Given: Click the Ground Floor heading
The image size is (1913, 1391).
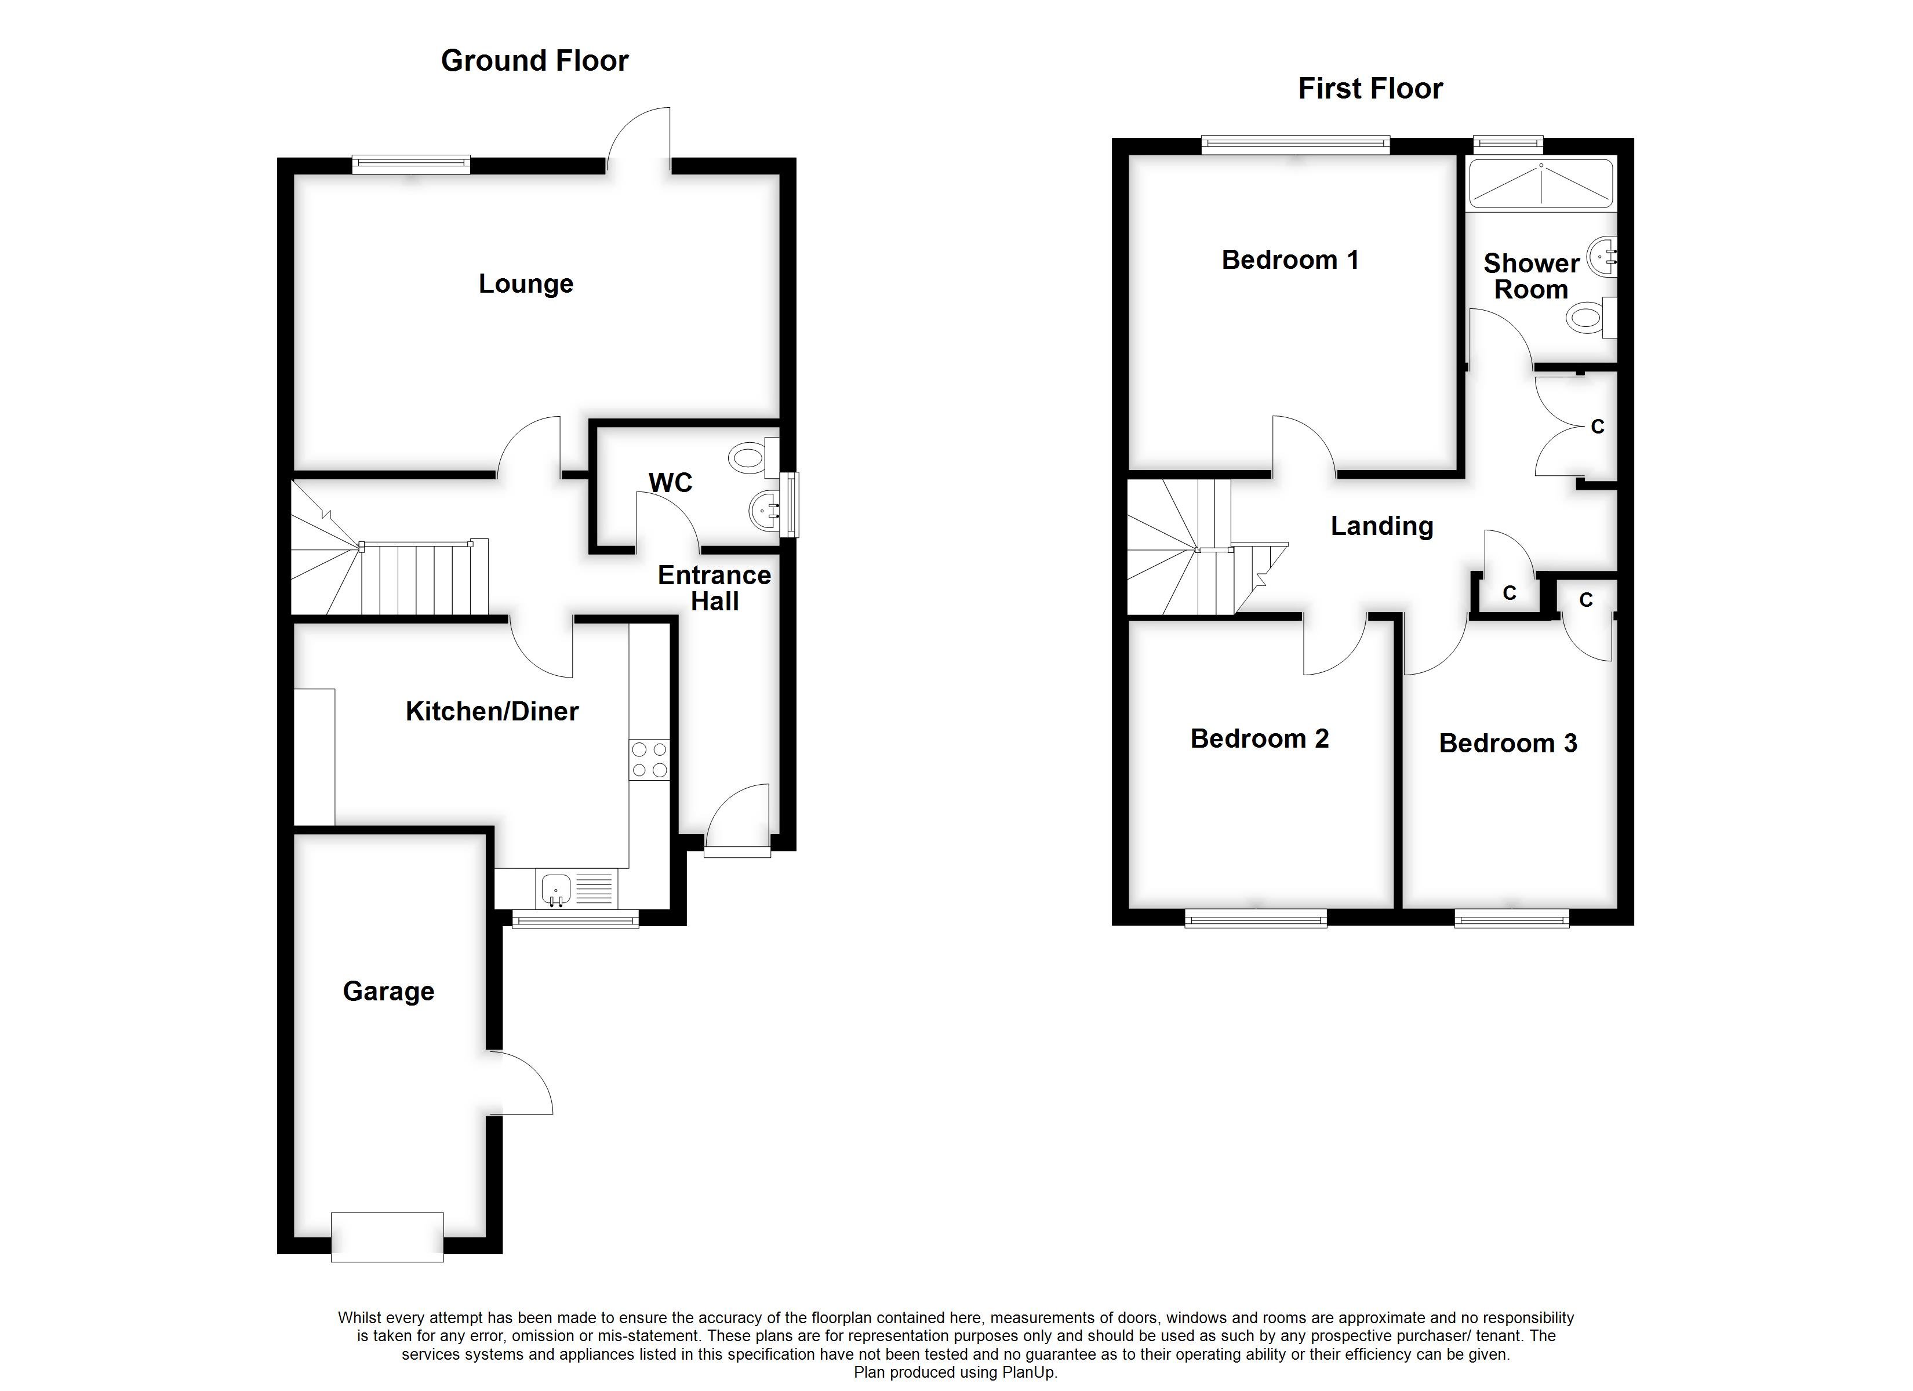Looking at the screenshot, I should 534,61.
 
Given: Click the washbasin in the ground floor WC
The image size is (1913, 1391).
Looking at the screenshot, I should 765,509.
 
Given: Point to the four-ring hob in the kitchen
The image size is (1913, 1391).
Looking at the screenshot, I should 649,759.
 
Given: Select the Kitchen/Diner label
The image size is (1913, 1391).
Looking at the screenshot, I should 492,711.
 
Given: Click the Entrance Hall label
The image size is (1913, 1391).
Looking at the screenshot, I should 714,588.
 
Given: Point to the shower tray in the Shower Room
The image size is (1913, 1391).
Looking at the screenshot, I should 1541,184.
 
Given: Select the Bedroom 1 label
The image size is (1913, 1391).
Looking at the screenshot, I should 1290,260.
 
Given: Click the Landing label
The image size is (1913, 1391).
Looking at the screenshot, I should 1381,526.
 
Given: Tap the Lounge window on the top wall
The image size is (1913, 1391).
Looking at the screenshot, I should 411,165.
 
